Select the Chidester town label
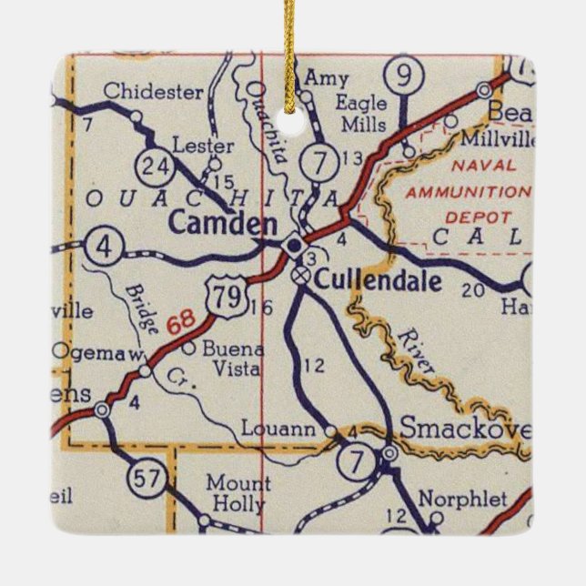(x=153, y=91)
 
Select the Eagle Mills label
(x=361, y=114)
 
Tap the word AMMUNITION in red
(x=467, y=193)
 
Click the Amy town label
(x=326, y=79)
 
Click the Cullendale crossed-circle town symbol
(x=300, y=275)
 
